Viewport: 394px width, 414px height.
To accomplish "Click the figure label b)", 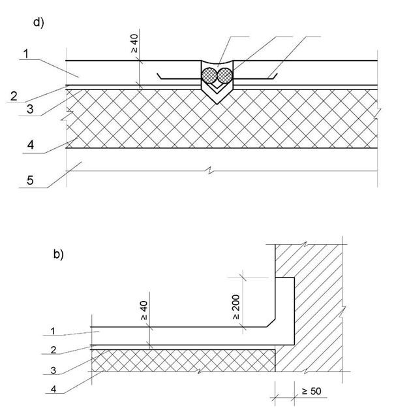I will [58, 255].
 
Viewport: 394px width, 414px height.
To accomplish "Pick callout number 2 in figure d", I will [13, 96].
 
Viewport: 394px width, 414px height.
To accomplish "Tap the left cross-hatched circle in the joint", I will [209, 74].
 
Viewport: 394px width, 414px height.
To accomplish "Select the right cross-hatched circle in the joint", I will [224, 74].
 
